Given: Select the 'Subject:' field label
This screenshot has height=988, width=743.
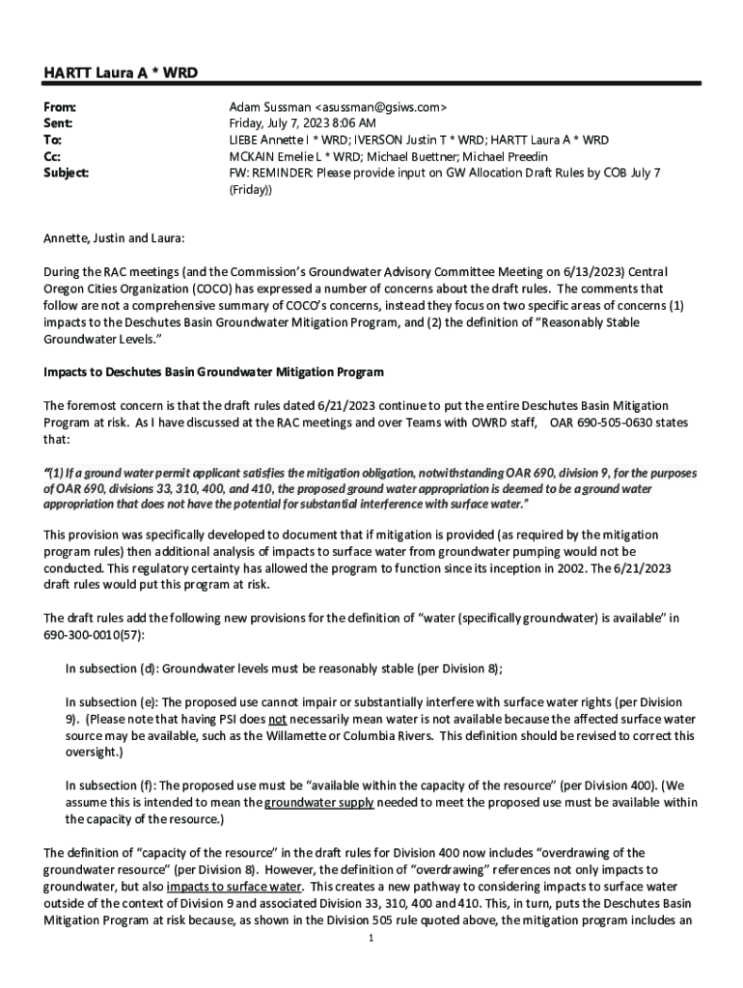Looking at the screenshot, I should (x=67, y=173).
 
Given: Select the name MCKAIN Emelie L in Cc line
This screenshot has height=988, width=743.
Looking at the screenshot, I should (x=276, y=156).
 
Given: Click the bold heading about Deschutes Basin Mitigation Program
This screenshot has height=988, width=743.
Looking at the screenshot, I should (x=213, y=371).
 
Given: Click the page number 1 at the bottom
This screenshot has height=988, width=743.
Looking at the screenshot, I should (x=371, y=938).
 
